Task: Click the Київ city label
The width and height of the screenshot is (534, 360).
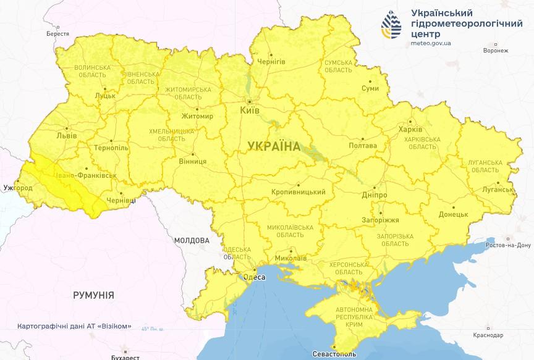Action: tap(250, 110)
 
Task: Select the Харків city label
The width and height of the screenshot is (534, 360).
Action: tap(410, 130)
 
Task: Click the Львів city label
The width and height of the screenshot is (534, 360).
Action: tap(66, 135)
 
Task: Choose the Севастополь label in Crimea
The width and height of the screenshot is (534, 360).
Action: tap(334, 354)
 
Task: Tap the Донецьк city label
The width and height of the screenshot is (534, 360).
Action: tap(453, 215)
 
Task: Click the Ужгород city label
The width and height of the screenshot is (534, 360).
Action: tap(17, 186)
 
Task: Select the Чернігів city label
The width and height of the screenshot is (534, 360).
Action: tap(271, 62)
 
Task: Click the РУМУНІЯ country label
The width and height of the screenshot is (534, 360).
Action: tap(93, 295)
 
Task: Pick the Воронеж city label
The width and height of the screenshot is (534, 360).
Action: tap(496, 51)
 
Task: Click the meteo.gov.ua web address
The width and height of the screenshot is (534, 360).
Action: tap(431, 43)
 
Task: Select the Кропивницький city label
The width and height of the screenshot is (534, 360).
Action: tap(298, 192)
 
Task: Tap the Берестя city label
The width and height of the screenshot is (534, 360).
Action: tap(57, 33)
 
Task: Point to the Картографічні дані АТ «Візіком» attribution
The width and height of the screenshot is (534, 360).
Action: tap(74, 325)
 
